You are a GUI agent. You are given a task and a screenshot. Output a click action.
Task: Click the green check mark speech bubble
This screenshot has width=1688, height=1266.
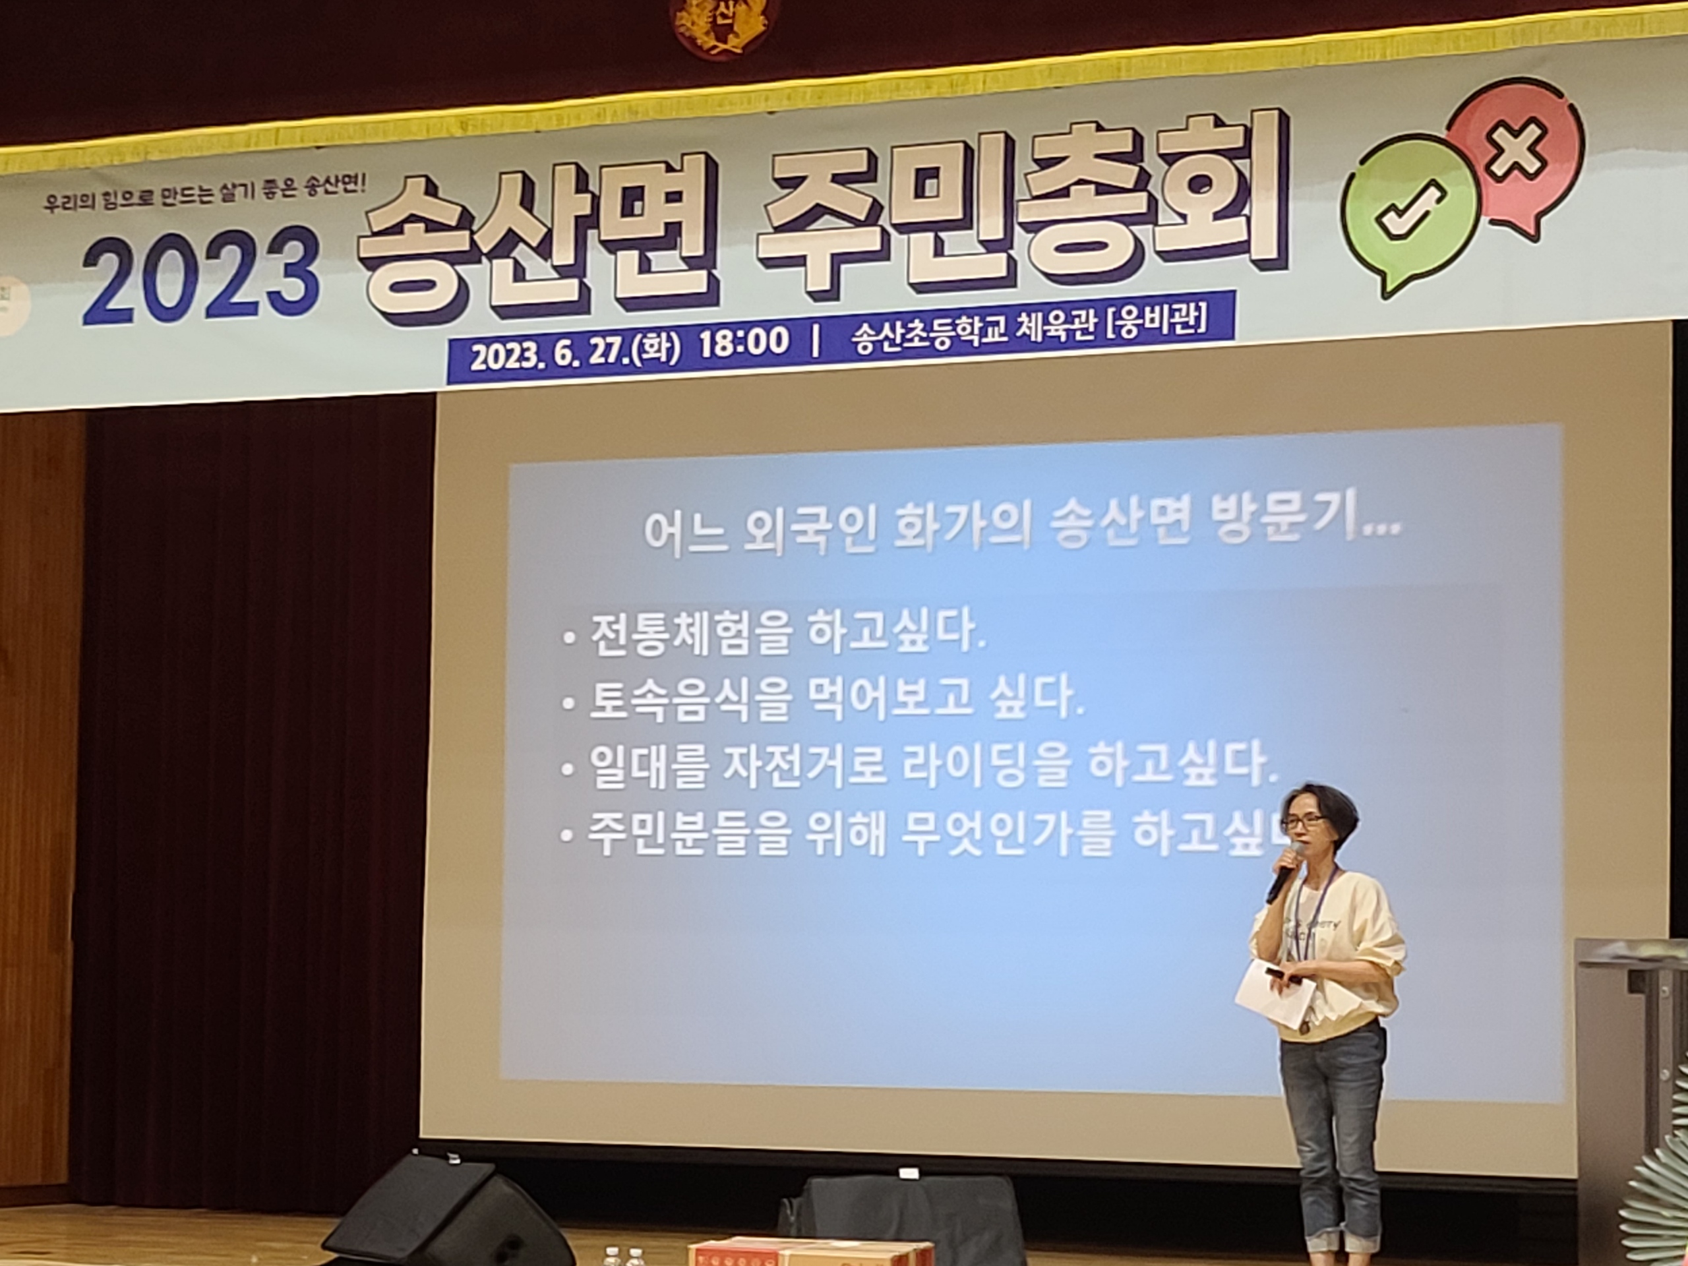point(1410,212)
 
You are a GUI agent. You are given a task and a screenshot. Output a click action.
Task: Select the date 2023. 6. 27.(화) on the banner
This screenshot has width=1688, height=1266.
point(574,354)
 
